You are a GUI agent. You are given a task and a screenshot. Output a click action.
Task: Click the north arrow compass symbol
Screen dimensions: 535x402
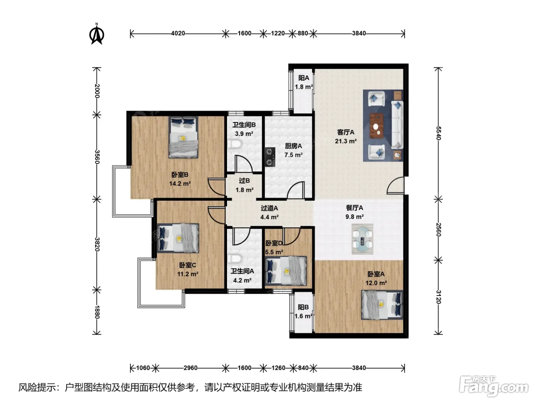[x=97, y=34]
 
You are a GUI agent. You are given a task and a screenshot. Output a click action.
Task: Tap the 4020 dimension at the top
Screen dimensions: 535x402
[x=178, y=33]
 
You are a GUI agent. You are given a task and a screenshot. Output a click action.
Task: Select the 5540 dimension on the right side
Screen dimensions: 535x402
[x=438, y=133]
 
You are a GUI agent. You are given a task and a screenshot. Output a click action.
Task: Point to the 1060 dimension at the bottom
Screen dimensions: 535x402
[x=143, y=368]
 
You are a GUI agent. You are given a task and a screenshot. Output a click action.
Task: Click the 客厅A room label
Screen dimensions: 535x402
[x=345, y=132]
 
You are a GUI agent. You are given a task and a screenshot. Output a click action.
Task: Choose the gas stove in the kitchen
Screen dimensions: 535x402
[x=270, y=157]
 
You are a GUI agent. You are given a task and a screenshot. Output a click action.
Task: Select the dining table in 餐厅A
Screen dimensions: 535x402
[x=362, y=239]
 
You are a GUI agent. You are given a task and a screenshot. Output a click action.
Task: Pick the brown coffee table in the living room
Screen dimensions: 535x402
[x=376, y=126]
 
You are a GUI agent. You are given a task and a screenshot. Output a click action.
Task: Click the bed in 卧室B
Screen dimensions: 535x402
[x=183, y=137]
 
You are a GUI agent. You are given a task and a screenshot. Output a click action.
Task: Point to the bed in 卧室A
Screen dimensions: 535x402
[x=382, y=305]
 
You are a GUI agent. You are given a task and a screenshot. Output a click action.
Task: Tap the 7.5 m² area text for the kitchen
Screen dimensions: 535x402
[x=293, y=155]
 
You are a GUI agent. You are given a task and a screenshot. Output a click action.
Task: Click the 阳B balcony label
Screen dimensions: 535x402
[x=303, y=307]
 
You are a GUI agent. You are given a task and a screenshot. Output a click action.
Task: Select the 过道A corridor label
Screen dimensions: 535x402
[x=269, y=208]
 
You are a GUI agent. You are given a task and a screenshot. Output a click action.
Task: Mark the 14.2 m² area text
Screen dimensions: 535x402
[x=180, y=183]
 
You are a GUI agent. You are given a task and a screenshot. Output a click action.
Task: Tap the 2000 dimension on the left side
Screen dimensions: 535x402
[x=97, y=91]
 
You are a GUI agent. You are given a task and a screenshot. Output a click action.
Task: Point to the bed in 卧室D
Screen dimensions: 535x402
[x=286, y=271]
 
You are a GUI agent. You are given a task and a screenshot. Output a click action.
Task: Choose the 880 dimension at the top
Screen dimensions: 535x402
[x=303, y=33]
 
